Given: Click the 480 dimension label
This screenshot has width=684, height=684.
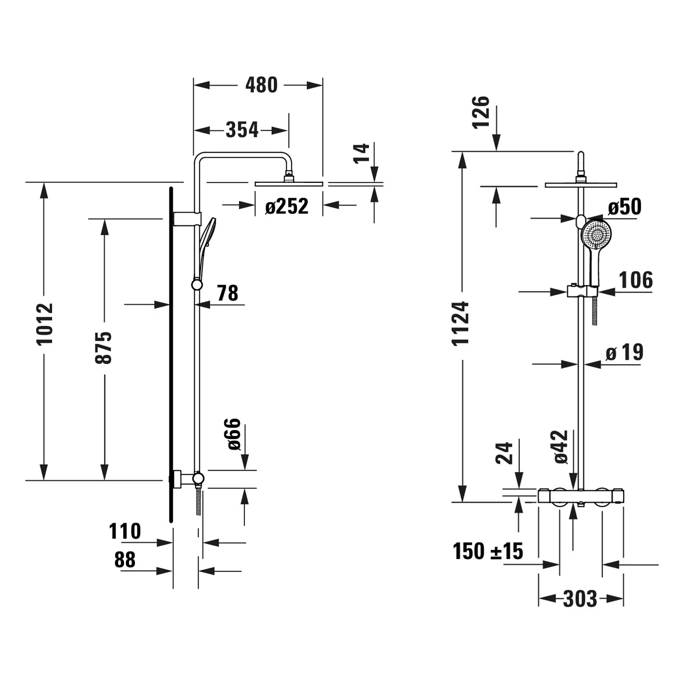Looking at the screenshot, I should tap(261, 85).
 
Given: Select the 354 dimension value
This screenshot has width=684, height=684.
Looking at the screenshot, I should tap(242, 130).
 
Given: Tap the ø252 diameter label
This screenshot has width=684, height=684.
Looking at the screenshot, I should tap(287, 206).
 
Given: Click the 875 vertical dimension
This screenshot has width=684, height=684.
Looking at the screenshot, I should tap(104, 347).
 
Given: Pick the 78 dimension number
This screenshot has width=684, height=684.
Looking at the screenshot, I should tap(227, 293).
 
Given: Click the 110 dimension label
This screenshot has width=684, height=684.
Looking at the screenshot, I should tap(125, 531).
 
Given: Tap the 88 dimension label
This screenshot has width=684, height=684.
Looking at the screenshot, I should tap(125, 560).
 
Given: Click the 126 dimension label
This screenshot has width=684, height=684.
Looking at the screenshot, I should tap(481, 112).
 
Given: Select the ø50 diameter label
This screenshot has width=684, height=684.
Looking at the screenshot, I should tap(625, 207).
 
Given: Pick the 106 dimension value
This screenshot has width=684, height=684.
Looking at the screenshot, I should tap(636, 280).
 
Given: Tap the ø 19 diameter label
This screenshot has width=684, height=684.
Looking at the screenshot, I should tap(625, 352).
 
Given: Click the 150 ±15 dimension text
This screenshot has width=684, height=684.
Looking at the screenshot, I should tap(488, 551).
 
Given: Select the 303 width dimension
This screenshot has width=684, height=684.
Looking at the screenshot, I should tap(580, 599).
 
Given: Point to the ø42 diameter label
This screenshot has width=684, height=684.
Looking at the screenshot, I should tap(561, 447).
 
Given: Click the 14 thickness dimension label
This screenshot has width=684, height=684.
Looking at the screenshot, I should tap(361, 153).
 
